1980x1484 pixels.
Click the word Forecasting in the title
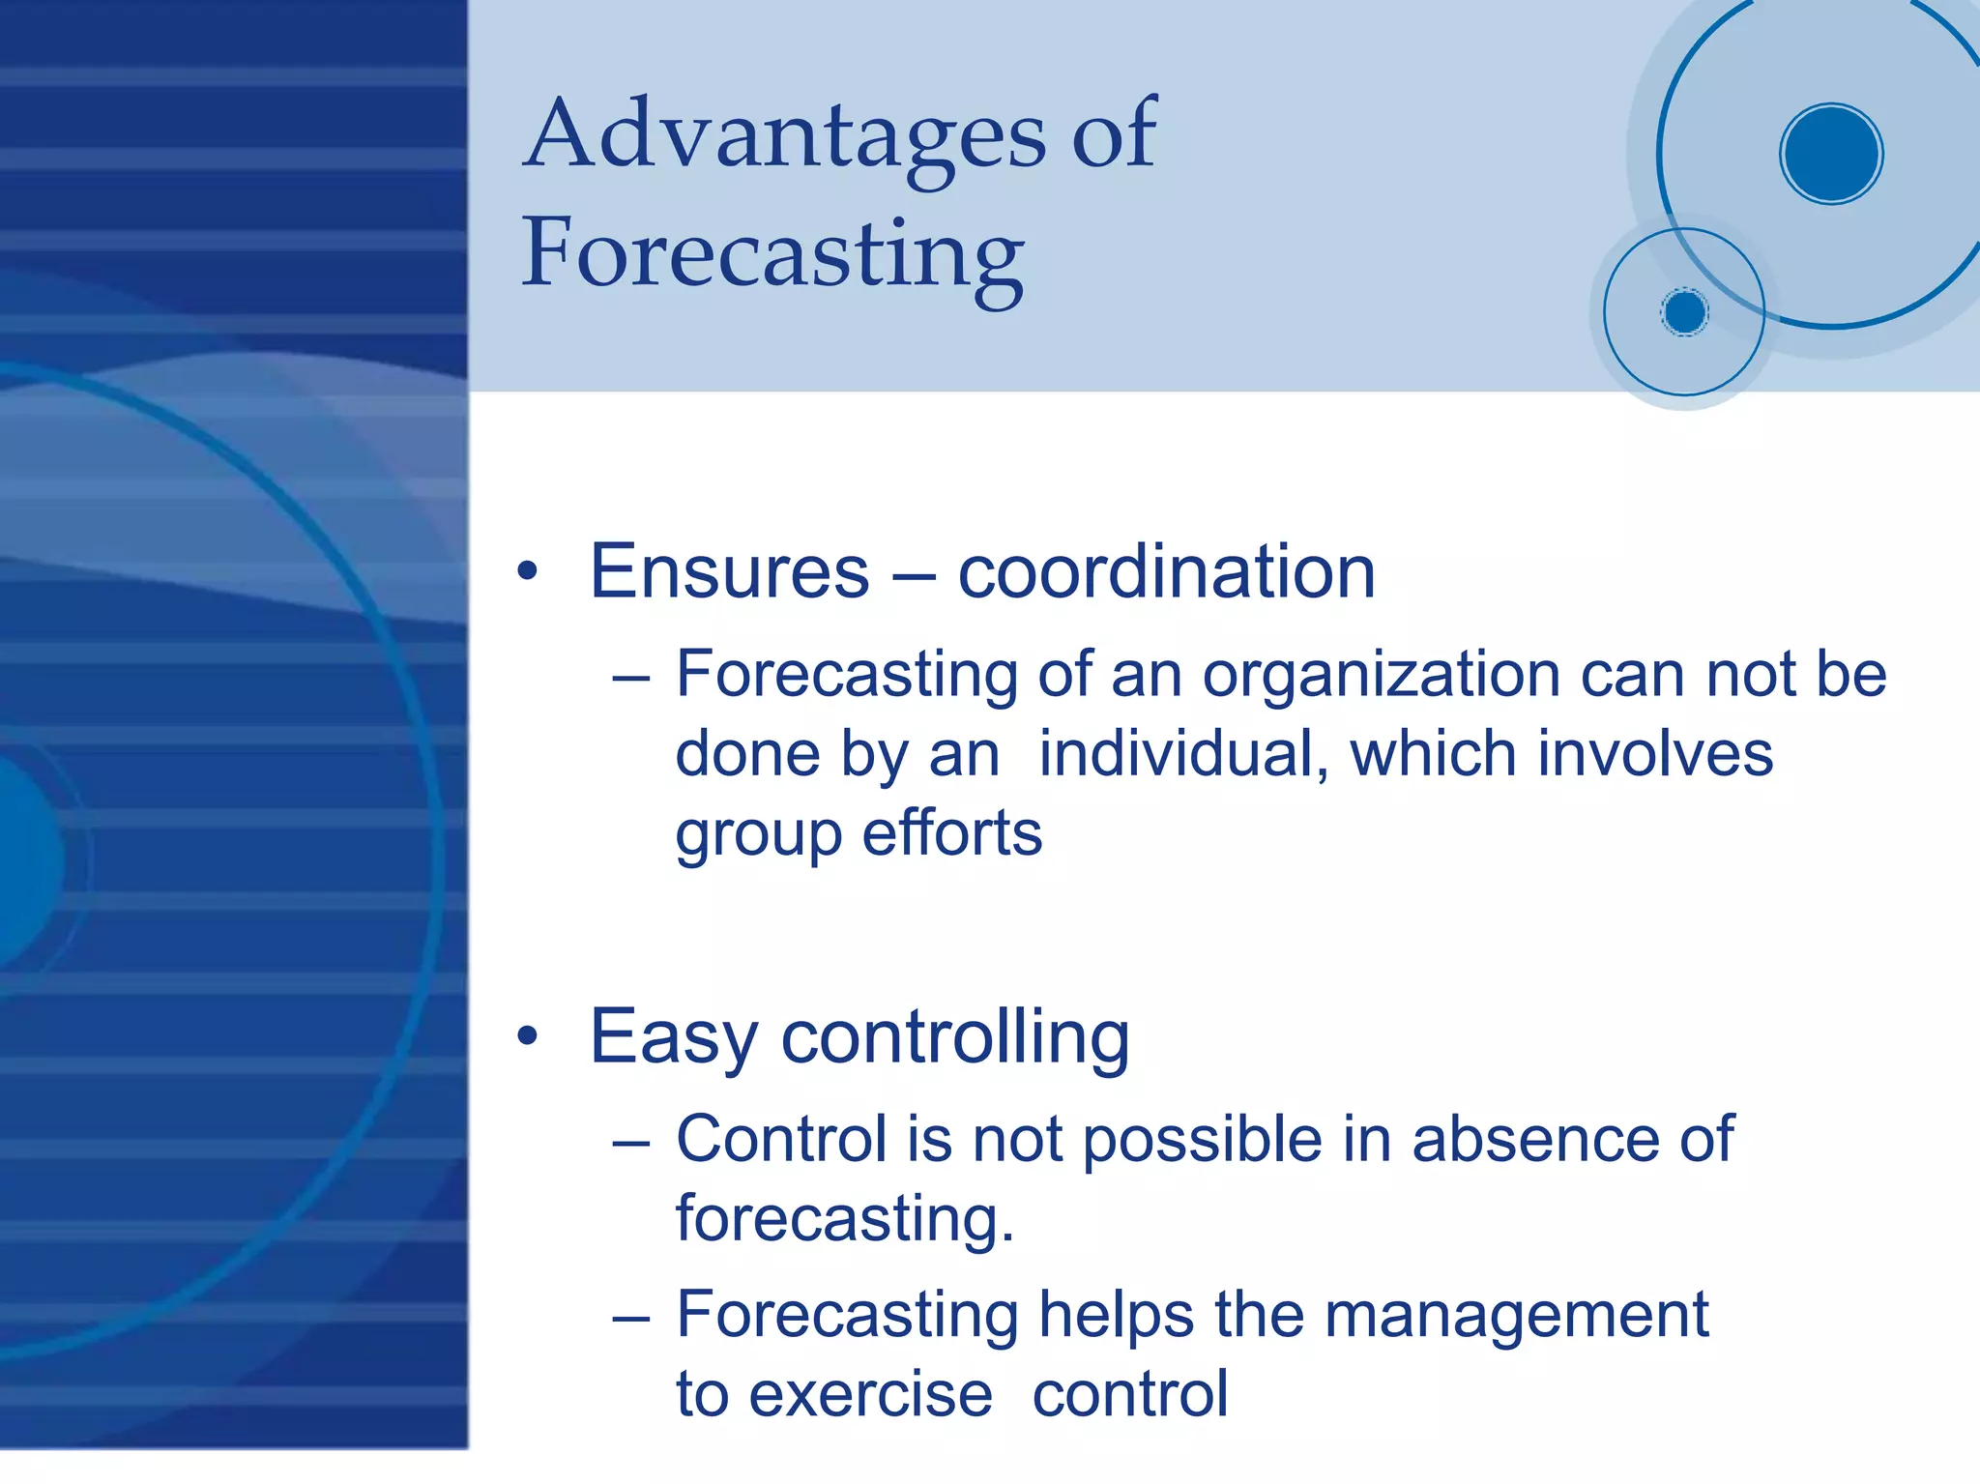click(x=772, y=254)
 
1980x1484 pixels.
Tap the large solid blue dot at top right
click(x=1831, y=154)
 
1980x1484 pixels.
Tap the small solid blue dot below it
click(x=1684, y=312)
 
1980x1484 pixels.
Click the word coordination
click(x=1166, y=572)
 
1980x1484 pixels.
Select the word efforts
click(x=951, y=833)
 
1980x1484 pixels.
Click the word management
click(x=1516, y=1317)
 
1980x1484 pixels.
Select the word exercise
click(x=870, y=1396)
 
